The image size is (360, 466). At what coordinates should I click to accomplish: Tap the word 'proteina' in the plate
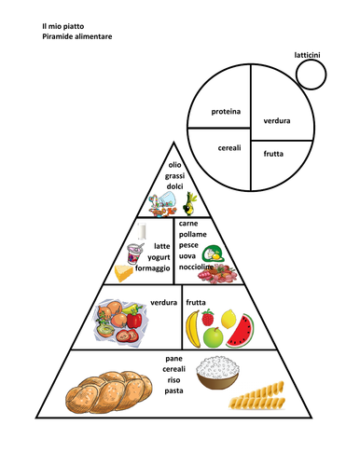pos(226,112)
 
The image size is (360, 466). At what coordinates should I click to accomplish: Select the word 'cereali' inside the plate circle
pos(229,148)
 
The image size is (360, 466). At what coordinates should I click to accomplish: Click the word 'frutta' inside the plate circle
pos(273,154)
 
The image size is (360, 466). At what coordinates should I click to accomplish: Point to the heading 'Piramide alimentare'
pos(77,36)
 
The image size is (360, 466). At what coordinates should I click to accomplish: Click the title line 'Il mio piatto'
pos(63,26)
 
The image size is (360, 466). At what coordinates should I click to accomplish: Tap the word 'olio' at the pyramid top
pos(174,165)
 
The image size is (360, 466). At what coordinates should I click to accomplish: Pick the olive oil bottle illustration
pos(190,204)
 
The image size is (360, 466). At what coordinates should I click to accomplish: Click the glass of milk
pos(142,231)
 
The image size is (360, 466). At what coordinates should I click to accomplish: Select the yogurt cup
pos(135,253)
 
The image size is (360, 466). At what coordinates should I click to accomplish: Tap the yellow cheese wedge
pos(123,273)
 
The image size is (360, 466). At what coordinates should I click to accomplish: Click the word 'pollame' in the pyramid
pos(193,234)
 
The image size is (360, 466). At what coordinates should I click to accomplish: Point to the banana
pos(193,329)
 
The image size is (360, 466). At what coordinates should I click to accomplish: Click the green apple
pos(214,337)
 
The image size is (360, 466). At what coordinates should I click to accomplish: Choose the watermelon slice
pos(241,332)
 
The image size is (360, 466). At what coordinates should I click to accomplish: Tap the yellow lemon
pos(228,319)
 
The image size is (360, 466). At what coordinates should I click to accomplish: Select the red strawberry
pos(208,317)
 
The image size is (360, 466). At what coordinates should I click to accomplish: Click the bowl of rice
pos(217,373)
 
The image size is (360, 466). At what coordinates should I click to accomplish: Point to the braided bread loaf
pos(109,392)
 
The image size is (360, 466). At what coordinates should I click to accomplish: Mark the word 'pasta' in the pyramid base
pos(173,391)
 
